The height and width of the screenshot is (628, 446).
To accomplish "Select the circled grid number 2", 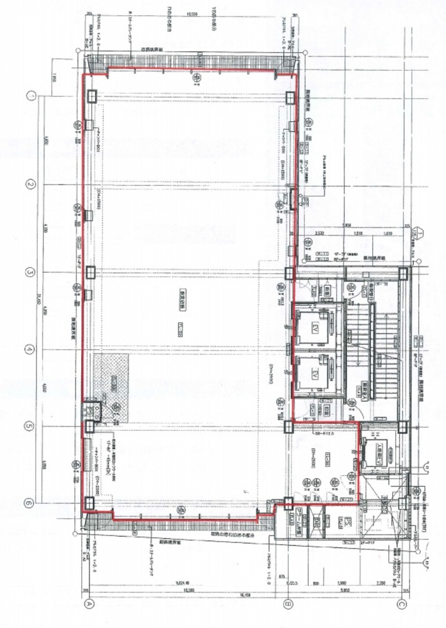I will (x=31, y=185).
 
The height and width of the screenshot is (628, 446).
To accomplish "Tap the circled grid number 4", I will (x=31, y=349).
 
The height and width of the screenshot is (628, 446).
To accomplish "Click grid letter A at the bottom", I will (x=90, y=603).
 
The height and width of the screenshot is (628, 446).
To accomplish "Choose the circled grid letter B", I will (x=287, y=603).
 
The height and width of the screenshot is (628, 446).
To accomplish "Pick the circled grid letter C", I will (x=402, y=603).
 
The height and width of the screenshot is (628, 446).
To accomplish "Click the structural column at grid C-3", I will (x=402, y=274).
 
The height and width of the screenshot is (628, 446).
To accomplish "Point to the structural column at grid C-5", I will (x=402, y=427).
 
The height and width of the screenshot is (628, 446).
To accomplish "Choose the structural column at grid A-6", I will (x=90, y=503).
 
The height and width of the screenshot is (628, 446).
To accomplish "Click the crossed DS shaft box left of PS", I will (x=316, y=521).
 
